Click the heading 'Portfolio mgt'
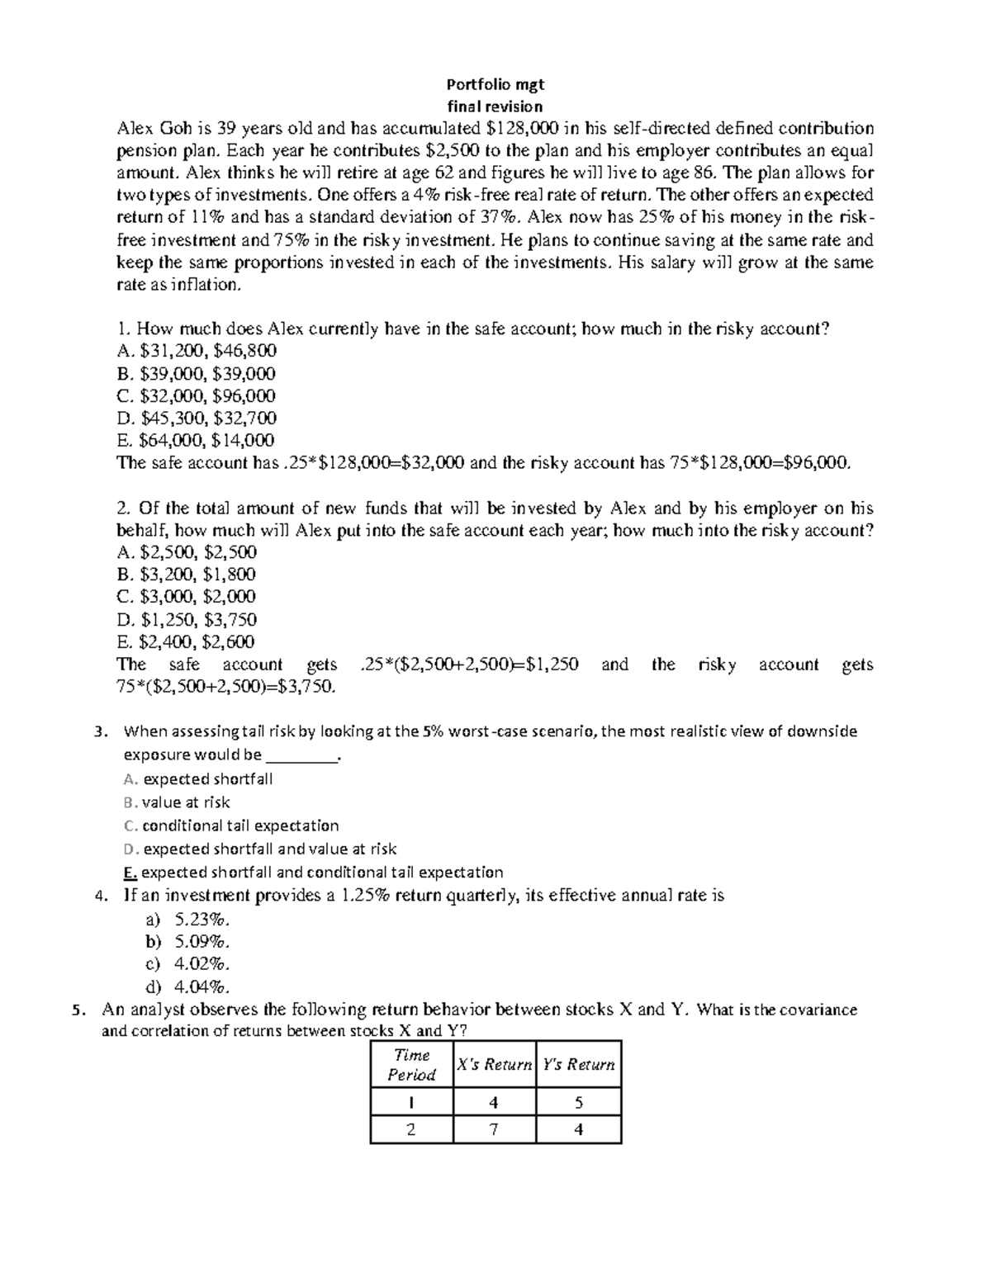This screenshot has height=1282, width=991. pos(495,84)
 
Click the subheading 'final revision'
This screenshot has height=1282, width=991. pos(495,106)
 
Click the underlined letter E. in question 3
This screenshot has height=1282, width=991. pos(129,873)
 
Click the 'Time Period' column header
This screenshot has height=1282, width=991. pos(412,1065)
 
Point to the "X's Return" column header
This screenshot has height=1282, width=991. pos(494,1065)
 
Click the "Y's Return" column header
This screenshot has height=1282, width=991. pos(578,1065)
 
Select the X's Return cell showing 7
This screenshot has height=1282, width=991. pos(494,1129)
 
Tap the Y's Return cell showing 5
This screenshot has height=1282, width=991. pos(578,1102)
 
